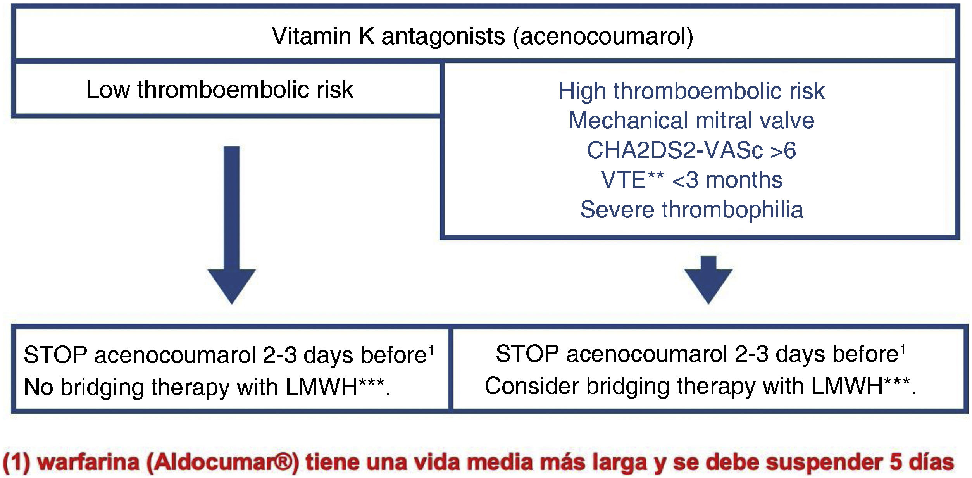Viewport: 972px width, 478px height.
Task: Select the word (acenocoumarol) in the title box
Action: [x=603, y=37]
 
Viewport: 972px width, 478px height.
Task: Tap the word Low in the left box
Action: [x=107, y=90]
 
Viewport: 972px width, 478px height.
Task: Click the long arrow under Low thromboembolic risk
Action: [x=232, y=225]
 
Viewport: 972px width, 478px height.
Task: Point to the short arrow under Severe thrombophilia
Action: [x=708, y=279]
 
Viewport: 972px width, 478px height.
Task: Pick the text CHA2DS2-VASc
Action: [x=675, y=150]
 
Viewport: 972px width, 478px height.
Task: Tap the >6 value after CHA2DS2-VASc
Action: [x=783, y=150]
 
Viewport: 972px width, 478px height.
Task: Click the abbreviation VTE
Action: [x=623, y=180]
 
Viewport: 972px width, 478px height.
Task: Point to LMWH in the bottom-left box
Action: [x=321, y=387]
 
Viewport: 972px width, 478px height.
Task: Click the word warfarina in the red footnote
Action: [x=88, y=462]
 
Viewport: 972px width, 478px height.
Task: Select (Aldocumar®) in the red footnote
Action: [x=223, y=462]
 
